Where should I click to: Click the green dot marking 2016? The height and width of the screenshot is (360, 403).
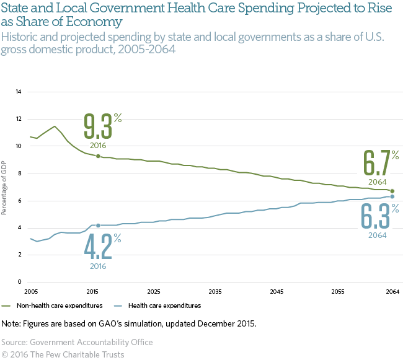pos(98,156)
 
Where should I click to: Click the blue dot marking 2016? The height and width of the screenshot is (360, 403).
pos(98,226)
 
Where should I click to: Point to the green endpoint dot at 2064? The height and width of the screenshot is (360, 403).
pos(392,191)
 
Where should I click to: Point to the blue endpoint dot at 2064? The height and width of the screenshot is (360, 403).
pos(392,196)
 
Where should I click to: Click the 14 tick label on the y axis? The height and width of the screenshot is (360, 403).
pos(18,92)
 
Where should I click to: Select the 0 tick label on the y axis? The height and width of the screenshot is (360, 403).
pos(20,282)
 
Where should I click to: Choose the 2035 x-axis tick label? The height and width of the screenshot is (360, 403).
pos(215,291)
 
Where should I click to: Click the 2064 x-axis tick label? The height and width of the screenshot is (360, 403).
pos(392,291)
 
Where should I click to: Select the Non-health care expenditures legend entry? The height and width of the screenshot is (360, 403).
pos(53,305)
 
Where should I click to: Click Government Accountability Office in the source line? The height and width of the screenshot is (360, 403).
pos(94,342)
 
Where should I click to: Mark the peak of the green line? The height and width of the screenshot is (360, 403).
pos(55,126)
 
